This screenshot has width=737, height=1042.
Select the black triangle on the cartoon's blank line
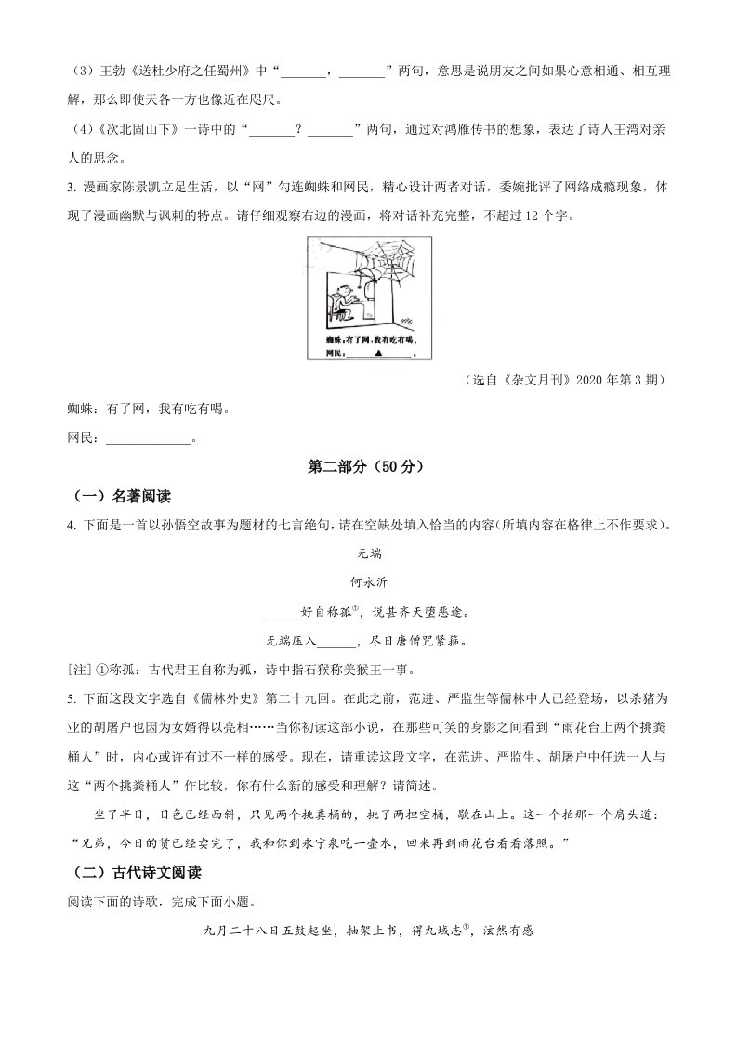point(377,354)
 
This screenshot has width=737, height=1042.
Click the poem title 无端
point(369,554)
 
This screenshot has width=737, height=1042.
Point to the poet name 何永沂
point(369,582)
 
